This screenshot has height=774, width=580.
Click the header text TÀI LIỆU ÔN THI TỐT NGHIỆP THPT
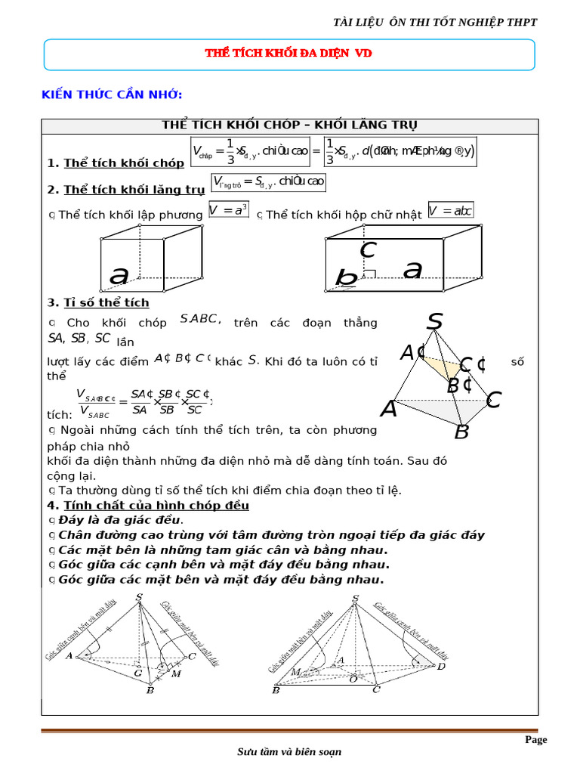435,22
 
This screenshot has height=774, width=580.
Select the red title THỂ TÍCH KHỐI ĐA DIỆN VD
289,54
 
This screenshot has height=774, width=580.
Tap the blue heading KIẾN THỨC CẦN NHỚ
111,94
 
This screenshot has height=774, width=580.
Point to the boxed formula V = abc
450,210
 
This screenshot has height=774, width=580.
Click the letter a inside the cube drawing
119,276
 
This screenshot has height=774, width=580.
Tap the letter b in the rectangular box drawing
346,279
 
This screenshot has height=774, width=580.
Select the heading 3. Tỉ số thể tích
98,302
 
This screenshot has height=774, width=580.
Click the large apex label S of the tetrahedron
434,322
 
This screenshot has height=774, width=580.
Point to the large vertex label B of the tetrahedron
461,432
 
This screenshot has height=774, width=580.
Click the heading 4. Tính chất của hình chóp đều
148,505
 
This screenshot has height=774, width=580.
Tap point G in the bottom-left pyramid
137,671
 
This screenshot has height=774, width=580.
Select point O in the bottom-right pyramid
353,678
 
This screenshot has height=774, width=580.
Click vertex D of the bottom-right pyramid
441,666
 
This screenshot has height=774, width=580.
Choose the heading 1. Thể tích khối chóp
116,163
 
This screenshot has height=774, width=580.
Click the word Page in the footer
535,740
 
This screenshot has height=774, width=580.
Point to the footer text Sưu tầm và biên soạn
289,752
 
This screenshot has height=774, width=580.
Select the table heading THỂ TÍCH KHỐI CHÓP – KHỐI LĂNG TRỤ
289,125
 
